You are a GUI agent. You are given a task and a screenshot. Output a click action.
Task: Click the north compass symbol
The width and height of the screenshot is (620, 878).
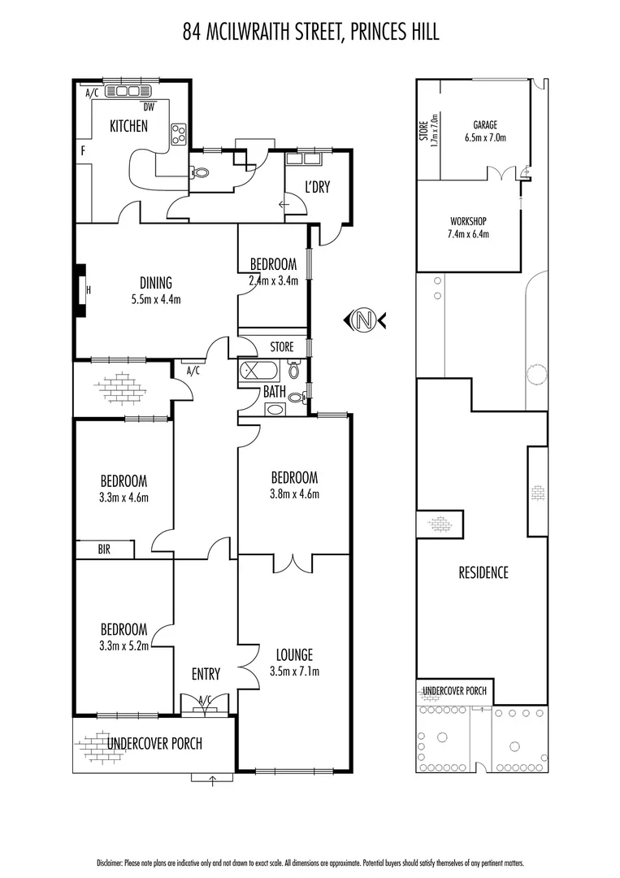click(365, 320)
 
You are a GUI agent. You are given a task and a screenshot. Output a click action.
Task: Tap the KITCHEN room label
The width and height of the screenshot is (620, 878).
click(129, 126)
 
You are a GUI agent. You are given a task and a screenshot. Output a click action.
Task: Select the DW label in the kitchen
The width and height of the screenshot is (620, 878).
click(149, 106)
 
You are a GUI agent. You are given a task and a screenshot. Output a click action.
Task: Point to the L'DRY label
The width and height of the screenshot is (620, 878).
click(316, 188)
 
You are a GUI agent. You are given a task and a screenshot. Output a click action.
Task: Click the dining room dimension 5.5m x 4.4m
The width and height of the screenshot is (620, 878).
click(155, 299)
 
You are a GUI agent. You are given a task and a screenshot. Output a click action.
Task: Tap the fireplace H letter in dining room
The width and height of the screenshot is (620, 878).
click(88, 289)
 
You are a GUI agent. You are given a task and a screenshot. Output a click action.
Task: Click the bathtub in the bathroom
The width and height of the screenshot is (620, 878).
click(259, 372)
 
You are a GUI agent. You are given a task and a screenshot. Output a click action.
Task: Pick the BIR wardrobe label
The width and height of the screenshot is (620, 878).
click(104, 550)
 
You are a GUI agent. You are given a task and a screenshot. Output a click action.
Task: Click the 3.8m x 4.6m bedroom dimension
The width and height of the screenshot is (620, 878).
click(294, 493)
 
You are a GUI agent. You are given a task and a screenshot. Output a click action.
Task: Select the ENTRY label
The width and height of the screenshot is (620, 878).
click(206, 674)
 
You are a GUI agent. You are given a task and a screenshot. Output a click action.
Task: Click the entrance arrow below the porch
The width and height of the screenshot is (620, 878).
click(213, 782)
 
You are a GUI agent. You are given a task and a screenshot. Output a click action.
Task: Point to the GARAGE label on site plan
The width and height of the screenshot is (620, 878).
click(485, 125)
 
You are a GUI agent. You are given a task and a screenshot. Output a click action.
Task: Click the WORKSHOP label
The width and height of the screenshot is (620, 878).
click(468, 221)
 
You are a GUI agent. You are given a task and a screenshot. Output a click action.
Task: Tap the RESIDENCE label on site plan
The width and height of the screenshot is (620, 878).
click(483, 572)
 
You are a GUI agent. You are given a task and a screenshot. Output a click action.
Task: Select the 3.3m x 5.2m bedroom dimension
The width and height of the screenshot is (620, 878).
click(124, 645)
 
